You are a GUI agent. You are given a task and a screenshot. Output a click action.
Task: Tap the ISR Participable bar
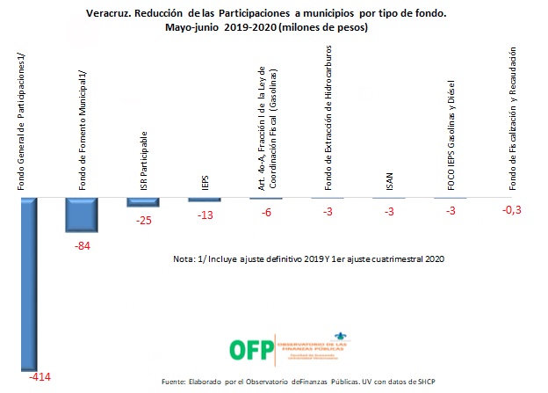pyautogui.click(x=143, y=202)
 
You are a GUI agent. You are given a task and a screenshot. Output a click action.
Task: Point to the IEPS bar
pyautogui.click(x=204, y=200)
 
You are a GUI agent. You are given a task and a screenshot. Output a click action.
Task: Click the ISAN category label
pyautogui.click(x=389, y=181)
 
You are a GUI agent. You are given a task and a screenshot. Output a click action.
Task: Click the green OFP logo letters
pyautogui.click(x=250, y=349)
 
